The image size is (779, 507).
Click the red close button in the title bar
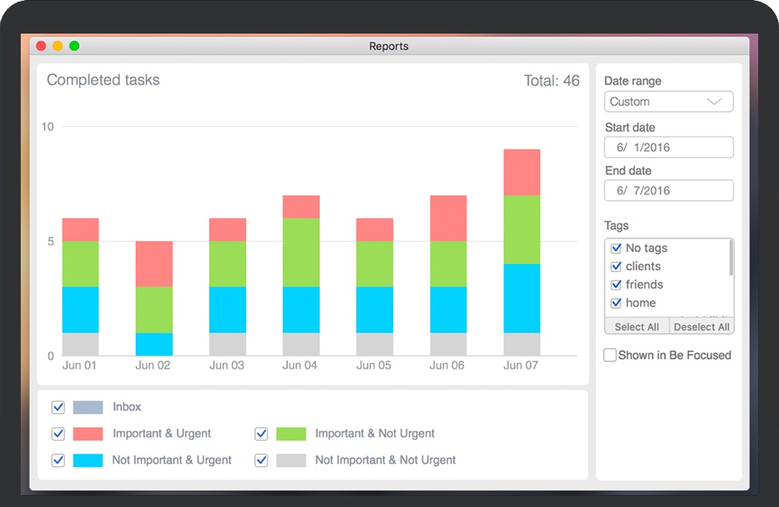tap(41, 46)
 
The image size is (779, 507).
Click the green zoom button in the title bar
tap(74, 46)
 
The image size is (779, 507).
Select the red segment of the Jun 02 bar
tap(153, 264)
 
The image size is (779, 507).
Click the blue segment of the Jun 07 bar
tap(522, 298)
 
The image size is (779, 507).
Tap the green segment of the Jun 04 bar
tap(301, 253)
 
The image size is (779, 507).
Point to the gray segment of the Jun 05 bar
tap(375, 344)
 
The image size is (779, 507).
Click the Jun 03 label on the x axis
tap(227, 365)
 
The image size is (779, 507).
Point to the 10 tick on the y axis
tap(47, 126)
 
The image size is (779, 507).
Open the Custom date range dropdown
tap(668, 102)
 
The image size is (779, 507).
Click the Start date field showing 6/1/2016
tap(668, 147)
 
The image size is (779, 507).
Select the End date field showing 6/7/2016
tap(668, 190)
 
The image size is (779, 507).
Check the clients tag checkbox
tap(616, 266)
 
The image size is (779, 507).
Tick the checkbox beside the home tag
tap(616, 303)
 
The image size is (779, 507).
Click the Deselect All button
tap(701, 326)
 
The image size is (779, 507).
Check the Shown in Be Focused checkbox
tap(610, 355)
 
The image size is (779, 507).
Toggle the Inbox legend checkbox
tap(58, 407)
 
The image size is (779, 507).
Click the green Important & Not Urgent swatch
tap(291, 433)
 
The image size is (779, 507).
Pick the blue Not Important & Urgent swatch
tap(88, 460)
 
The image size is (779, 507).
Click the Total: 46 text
tap(551, 80)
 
